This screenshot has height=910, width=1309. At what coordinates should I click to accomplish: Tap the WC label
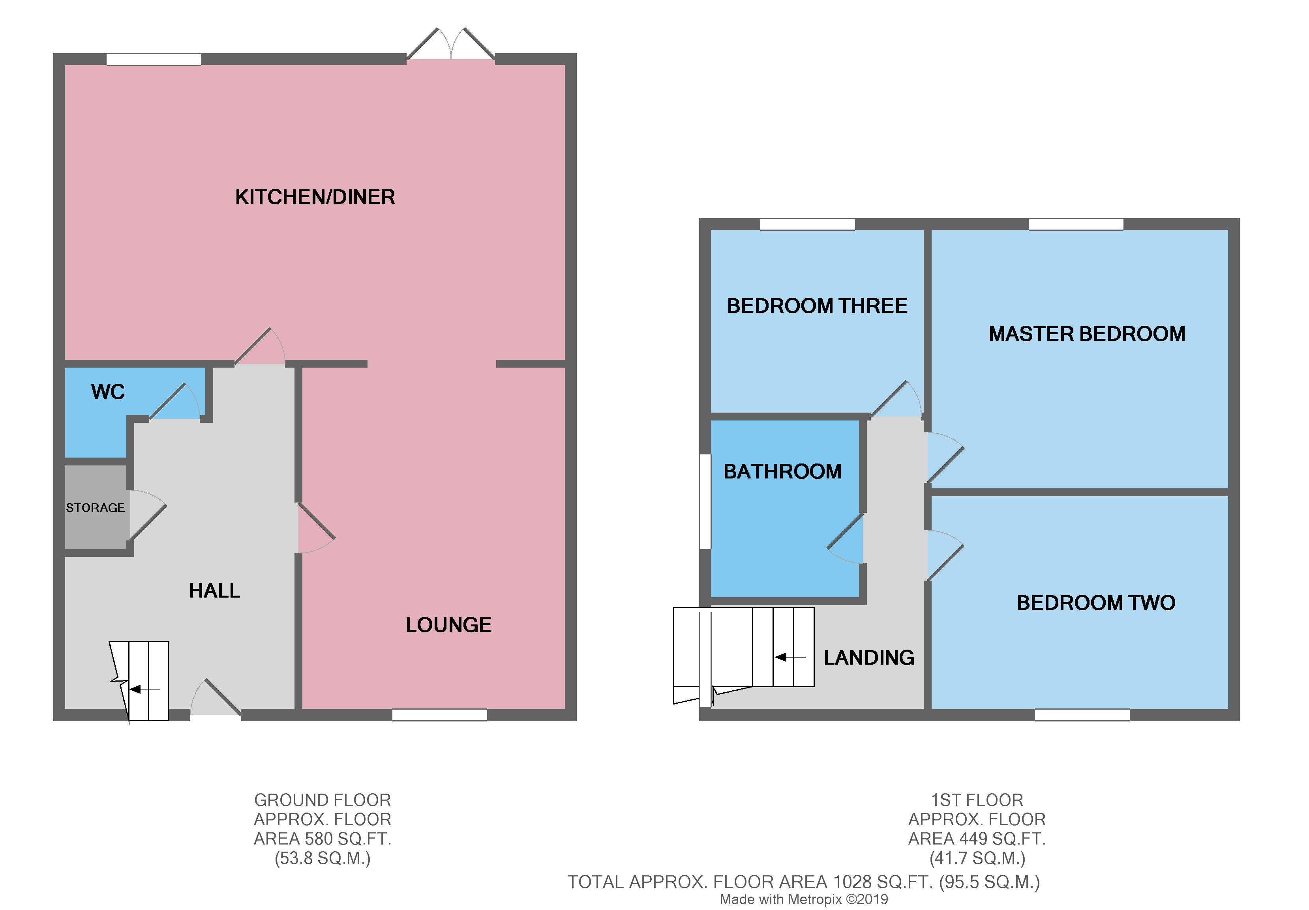108,392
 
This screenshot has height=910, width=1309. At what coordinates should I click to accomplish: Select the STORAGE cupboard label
95,508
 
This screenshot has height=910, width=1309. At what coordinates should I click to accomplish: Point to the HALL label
214,591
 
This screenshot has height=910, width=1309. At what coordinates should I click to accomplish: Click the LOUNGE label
448,625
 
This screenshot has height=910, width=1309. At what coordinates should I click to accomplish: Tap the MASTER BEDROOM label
1087,334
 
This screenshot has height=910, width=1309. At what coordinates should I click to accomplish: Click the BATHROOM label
782,472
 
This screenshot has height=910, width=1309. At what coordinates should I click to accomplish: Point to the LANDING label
868,658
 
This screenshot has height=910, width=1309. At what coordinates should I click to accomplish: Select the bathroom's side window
705,501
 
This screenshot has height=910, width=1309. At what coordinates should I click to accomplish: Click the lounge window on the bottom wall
440,715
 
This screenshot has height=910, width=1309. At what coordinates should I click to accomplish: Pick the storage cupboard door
148,514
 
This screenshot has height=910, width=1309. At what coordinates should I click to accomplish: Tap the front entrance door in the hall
216,699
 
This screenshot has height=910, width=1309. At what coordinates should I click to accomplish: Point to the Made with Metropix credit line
803,899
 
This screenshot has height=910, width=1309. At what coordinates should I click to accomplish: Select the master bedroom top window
1075,224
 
